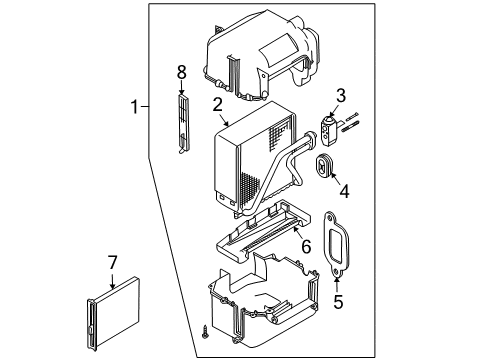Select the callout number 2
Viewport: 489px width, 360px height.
216,103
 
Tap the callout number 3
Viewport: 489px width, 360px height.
340,95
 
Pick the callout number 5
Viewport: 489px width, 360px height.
336,298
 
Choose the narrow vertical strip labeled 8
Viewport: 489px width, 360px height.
181,124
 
